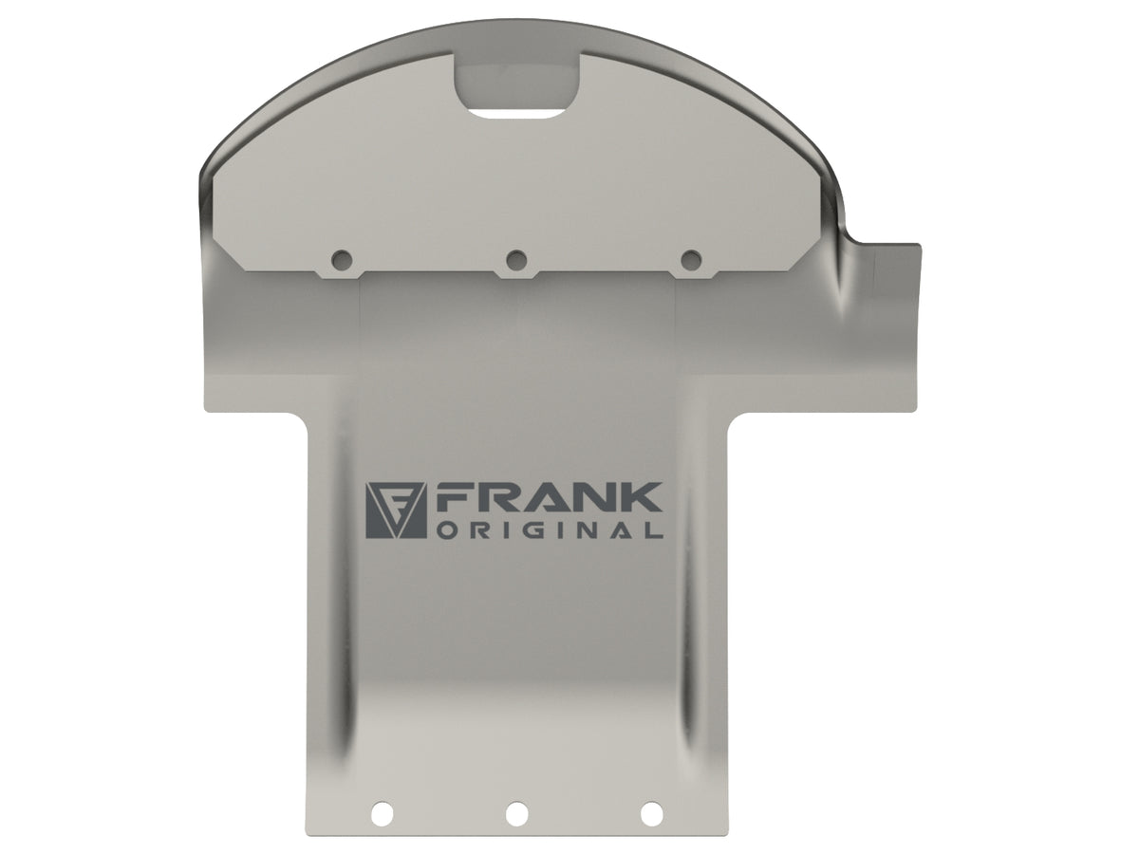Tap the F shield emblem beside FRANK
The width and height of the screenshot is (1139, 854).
pos(396,511)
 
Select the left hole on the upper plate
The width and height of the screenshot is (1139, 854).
pos(343,259)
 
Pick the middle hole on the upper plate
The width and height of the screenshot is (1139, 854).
pos(517,259)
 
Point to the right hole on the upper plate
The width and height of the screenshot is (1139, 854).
pos(692,259)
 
